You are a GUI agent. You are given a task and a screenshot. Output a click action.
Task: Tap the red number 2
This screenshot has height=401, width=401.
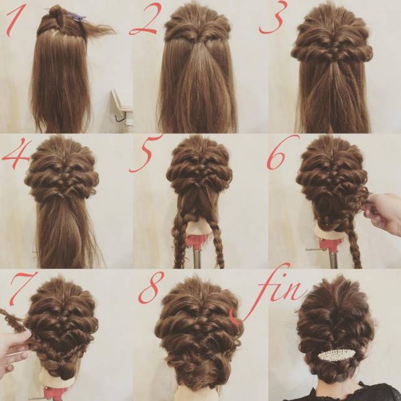(145, 19)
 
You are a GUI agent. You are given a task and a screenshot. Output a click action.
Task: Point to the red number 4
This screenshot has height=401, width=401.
(16, 154)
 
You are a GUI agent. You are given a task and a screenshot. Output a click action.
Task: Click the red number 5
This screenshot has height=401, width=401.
(145, 154)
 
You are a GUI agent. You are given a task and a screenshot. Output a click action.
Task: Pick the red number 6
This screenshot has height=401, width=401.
(281, 153)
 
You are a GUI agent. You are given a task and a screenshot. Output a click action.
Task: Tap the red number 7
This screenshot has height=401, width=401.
(21, 288)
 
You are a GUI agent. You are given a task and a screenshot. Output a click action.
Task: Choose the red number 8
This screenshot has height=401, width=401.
(151, 288)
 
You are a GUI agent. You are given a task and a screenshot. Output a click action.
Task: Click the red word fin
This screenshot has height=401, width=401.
(269, 294)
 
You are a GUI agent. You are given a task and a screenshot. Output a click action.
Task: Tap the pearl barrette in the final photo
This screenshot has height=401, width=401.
(336, 355)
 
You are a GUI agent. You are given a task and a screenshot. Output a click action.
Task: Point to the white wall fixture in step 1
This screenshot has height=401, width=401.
(122, 108)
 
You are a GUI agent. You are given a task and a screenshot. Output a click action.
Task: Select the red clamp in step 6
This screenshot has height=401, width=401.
(330, 245)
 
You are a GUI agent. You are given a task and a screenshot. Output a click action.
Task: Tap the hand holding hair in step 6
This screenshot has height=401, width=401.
(383, 214)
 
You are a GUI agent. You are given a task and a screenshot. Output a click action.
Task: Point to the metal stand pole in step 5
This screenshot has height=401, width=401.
(197, 258)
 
